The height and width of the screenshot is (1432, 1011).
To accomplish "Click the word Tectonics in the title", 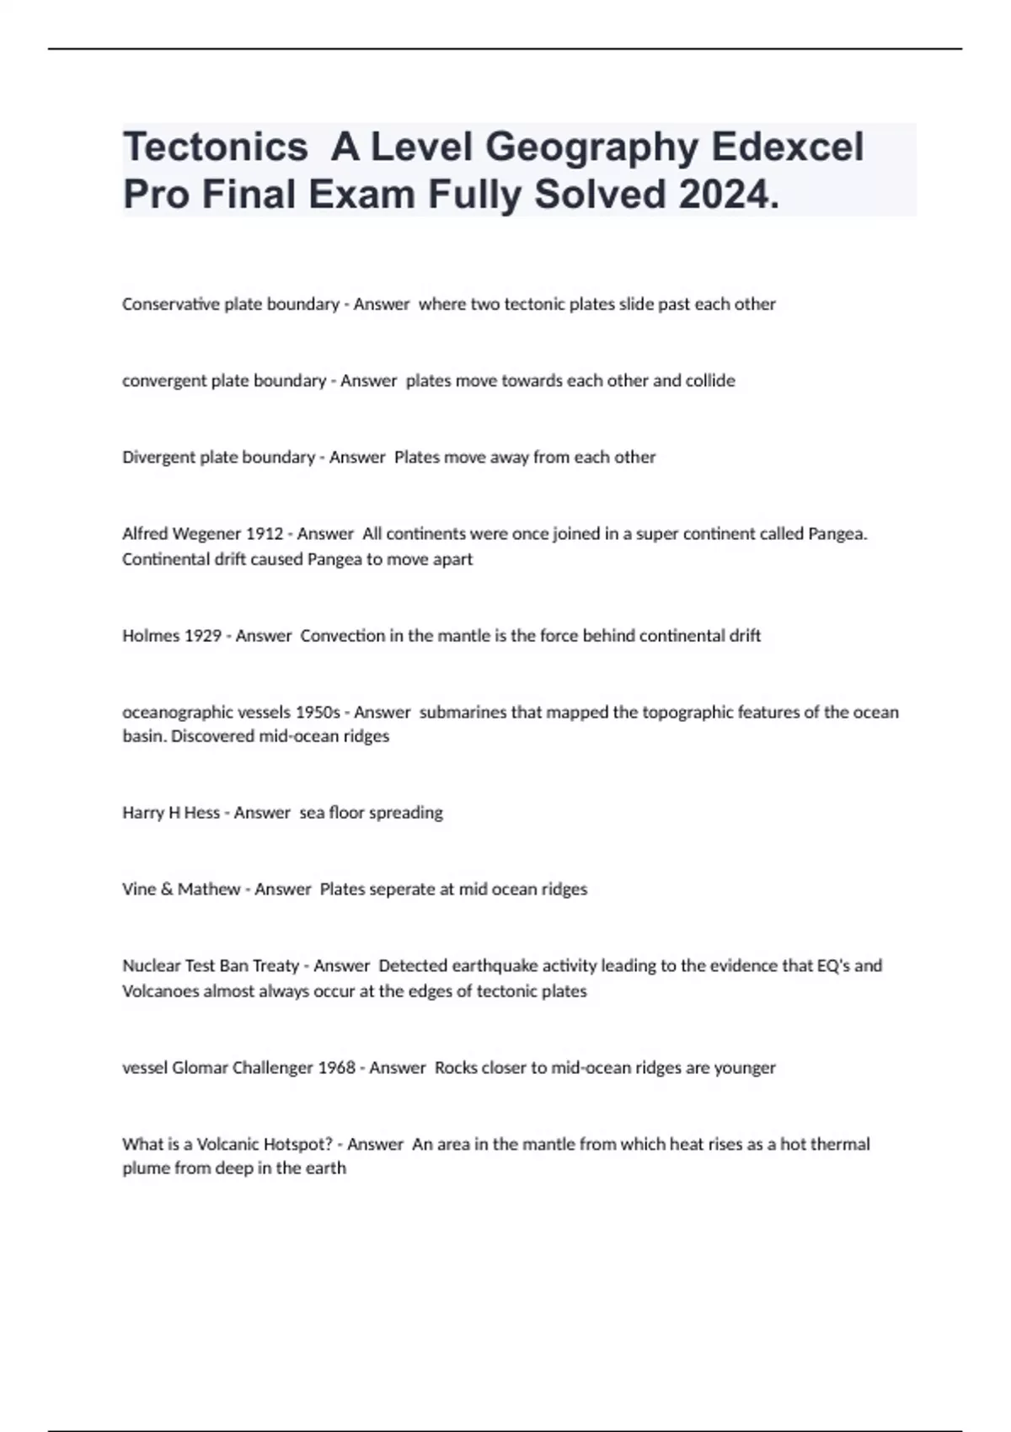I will coord(215,147).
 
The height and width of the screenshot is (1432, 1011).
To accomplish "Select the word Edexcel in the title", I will coord(788,147).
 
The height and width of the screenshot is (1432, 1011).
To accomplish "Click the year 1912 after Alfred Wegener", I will coord(264,534).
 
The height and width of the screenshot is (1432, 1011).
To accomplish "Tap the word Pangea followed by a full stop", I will coord(837,534).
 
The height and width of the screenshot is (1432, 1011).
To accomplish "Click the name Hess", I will coord(201,813).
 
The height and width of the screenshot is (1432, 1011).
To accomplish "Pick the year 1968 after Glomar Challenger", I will coord(336,1068).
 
